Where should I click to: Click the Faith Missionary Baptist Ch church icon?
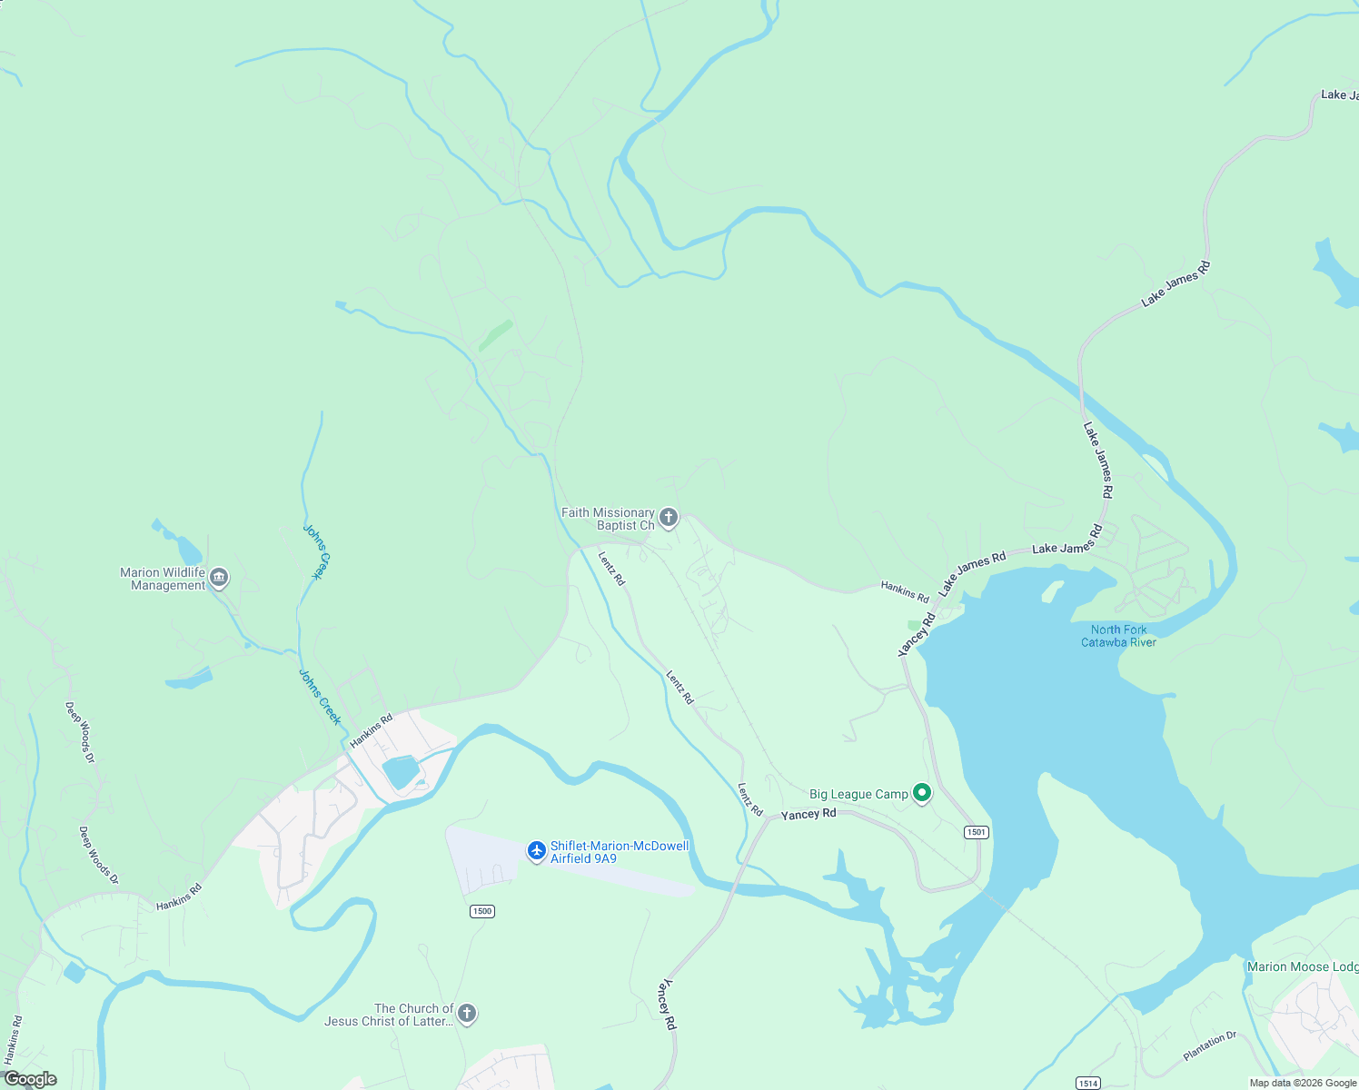coord(669,519)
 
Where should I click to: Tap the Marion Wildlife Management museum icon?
coord(219,578)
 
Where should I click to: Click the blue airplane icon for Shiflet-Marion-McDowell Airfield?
coord(537,852)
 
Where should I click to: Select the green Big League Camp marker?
coord(922,794)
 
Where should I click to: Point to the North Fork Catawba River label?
coord(1118,636)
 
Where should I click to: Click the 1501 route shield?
coord(977,832)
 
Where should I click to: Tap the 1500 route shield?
coord(481,911)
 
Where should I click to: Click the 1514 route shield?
coord(1088,1083)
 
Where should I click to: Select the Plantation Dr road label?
coord(1209,1046)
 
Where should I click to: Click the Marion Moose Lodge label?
coord(1302,966)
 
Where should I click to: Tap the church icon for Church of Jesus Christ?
coord(467,1014)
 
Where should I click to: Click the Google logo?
coord(30,1079)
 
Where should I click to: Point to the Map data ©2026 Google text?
coord(1303,1083)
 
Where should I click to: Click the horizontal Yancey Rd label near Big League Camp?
coord(808,814)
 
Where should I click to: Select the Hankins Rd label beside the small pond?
coord(372,730)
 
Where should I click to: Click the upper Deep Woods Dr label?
coord(80,732)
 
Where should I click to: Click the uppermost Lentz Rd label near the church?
coord(611,568)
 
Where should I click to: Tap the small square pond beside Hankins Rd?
coord(401,772)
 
